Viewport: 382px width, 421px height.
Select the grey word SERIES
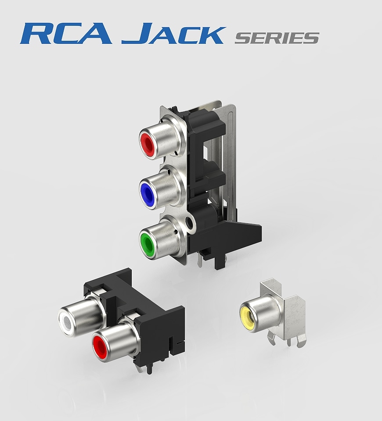(x=276, y=38)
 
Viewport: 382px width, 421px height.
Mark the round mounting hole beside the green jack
(x=190, y=224)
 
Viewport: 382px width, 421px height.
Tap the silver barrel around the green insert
(x=167, y=239)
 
